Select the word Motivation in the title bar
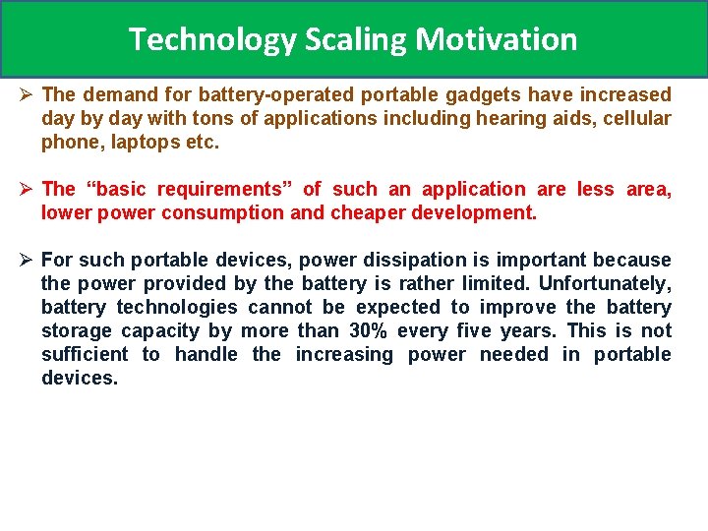497,39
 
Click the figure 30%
368,331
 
